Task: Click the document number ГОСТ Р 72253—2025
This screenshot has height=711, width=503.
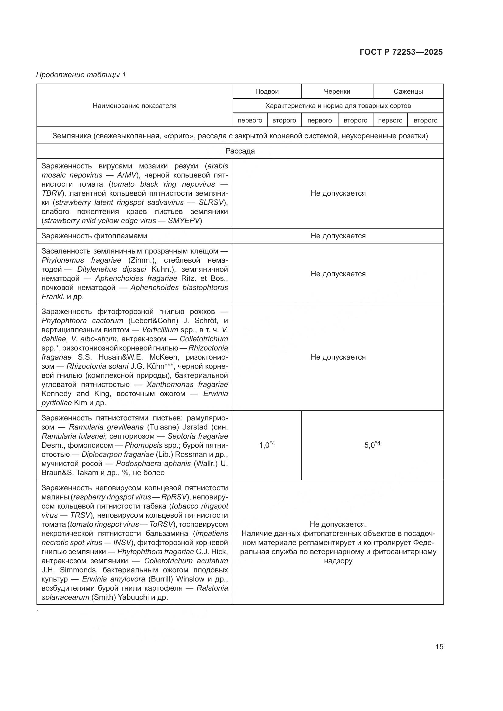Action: point(401,52)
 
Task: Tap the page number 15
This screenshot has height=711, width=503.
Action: point(439,647)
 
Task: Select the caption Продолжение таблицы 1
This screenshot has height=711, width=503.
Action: point(81,75)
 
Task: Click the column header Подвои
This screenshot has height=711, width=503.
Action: point(267,91)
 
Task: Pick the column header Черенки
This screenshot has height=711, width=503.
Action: point(337,91)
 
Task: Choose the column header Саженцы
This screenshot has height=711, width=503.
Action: point(408,91)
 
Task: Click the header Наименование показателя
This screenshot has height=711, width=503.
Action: point(134,105)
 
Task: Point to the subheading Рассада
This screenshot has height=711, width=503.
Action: point(240,151)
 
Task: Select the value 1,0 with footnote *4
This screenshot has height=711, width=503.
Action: point(267,445)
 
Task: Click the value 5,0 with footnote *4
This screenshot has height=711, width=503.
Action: point(372,445)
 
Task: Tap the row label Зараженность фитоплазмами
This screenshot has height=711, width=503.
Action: point(94,236)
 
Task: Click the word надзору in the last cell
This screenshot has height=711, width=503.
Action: point(338,561)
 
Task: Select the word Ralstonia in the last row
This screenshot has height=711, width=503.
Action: point(212,588)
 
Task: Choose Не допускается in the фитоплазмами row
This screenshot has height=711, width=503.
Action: point(338,236)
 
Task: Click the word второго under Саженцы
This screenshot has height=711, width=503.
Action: point(425,120)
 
